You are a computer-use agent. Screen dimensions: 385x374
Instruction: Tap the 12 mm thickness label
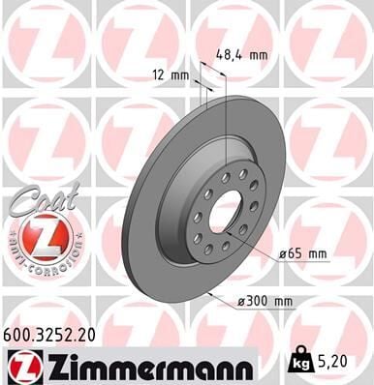pyautogui.click(x=170, y=75)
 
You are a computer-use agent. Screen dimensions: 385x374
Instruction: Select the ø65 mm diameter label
pyautogui.click(x=304, y=253)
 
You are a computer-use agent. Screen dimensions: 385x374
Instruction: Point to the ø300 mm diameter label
pyautogui.click(x=265, y=301)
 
